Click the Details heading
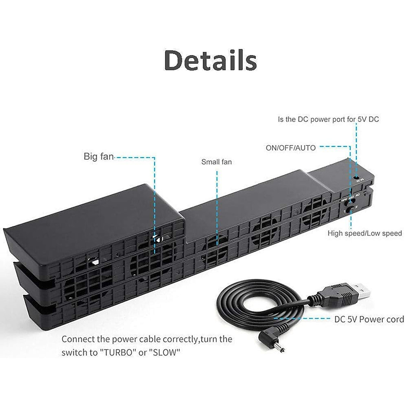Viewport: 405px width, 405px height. point(210,60)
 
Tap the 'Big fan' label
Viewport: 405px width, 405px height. point(99,157)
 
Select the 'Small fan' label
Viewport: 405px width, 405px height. point(216,162)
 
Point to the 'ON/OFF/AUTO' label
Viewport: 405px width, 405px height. point(291,148)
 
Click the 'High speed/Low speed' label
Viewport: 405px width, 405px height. point(364,233)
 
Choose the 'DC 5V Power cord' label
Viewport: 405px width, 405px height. point(369,319)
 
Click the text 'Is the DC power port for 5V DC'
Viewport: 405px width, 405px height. point(328,119)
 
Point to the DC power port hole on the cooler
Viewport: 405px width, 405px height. point(356,177)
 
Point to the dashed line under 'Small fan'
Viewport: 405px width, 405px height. point(217,202)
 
